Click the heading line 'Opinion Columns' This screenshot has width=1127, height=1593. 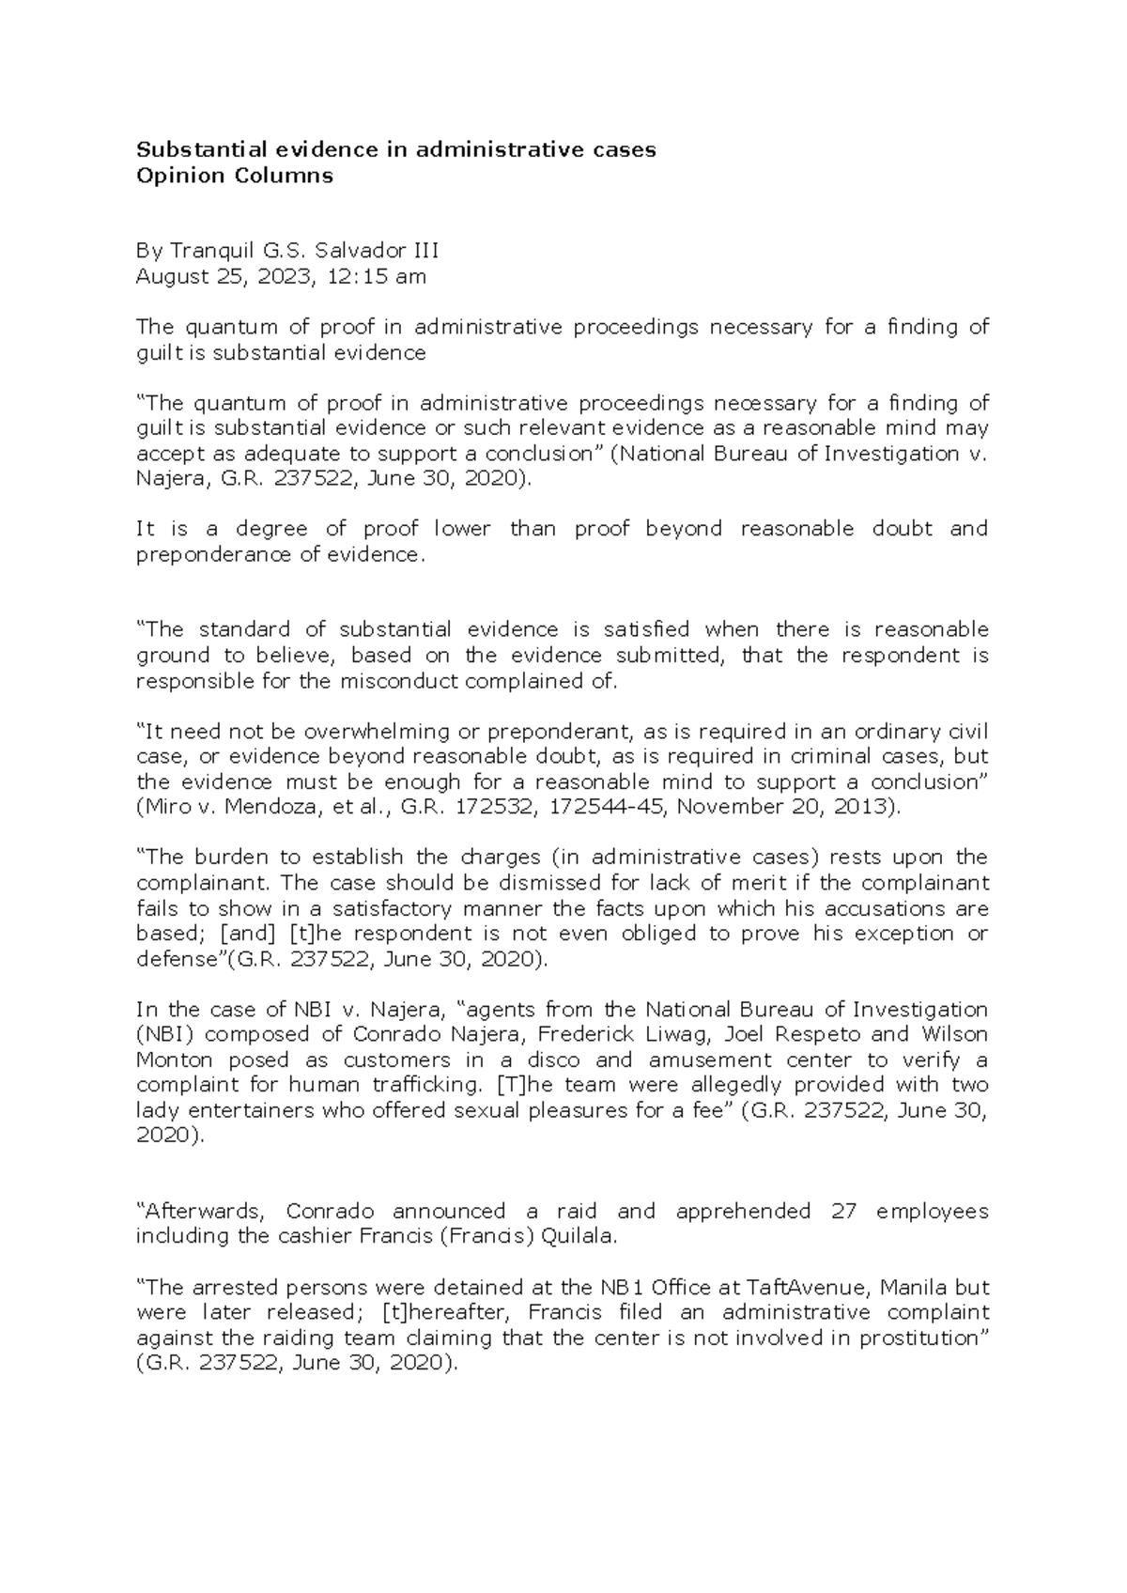[235, 176]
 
